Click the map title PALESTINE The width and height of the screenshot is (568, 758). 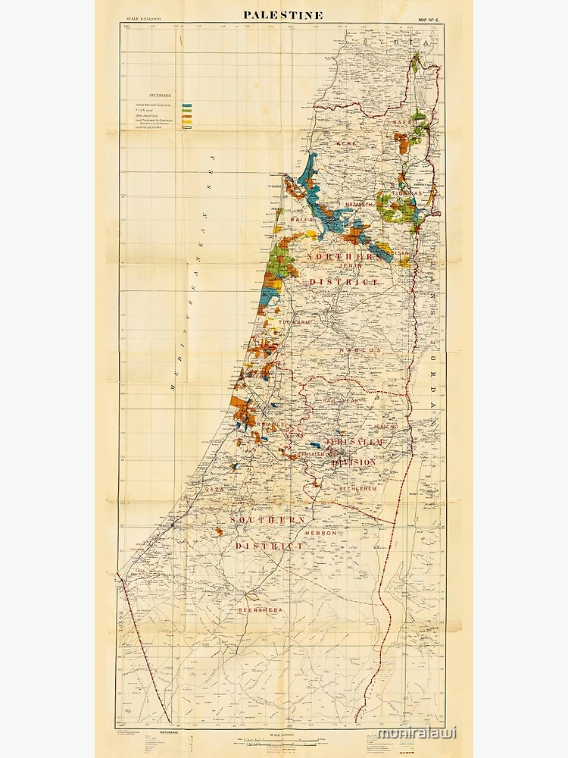(x=283, y=15)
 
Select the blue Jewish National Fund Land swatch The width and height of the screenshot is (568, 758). (x=186, y=105)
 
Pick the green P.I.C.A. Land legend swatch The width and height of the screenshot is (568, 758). (x=186, y=111)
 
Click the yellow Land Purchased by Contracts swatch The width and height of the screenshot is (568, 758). (x=186, y=121)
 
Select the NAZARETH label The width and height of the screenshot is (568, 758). (x=359, y=205)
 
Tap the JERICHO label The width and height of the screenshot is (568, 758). (x=397, y=427)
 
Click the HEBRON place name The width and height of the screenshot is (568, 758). (x=320, y=533)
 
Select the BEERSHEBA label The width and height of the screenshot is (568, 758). (x=260, y=609)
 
